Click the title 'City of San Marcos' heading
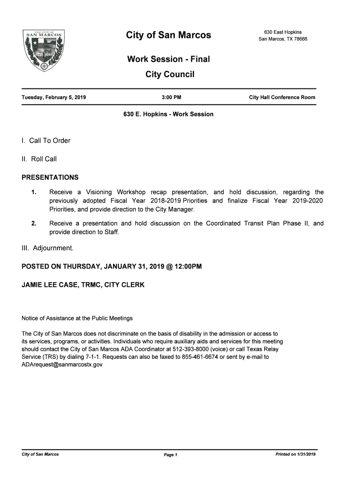[168, 35]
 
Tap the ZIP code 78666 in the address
[300, 39]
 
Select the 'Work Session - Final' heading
[168, 59]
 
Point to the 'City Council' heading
[170, 74]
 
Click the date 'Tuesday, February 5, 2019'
[54, 97]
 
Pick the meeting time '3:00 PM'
[171, 97]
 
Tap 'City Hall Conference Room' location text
[282, 97]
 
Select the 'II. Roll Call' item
[39, 159]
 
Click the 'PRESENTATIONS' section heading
[50, 177]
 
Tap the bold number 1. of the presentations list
[34, 192]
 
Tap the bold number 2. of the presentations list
[34, 224]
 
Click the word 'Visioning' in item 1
[99, 192]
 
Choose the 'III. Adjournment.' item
[48, 248]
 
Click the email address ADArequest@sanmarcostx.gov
[62, 364]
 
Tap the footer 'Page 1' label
[170, 455]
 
